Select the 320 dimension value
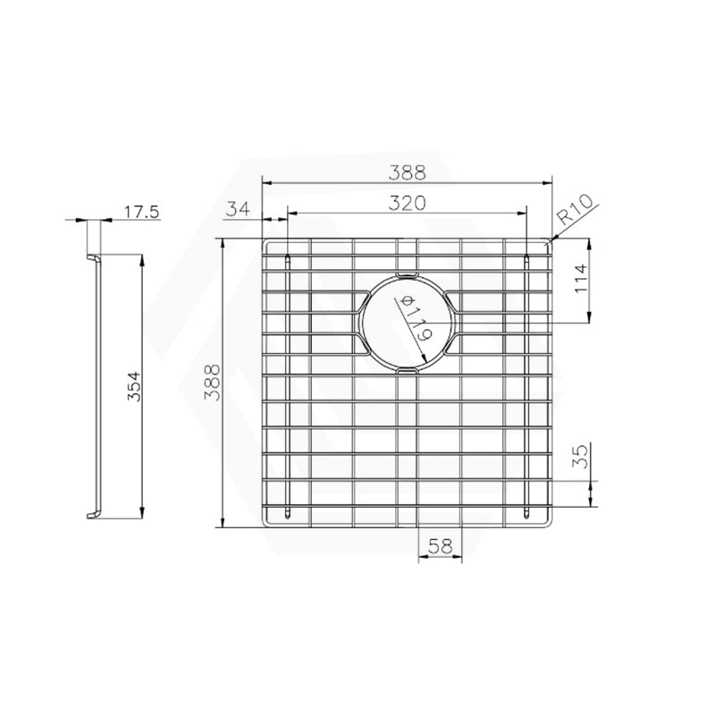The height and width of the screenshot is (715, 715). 406,203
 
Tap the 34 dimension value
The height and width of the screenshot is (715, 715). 238,210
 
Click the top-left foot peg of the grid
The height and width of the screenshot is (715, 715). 288,260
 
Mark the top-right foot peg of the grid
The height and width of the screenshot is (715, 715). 528,260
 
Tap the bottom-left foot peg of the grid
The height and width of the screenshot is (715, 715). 288,511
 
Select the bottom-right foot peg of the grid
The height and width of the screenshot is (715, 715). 528,511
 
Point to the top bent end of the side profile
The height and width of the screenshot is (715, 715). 93,259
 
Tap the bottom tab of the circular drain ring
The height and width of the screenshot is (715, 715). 408,368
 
